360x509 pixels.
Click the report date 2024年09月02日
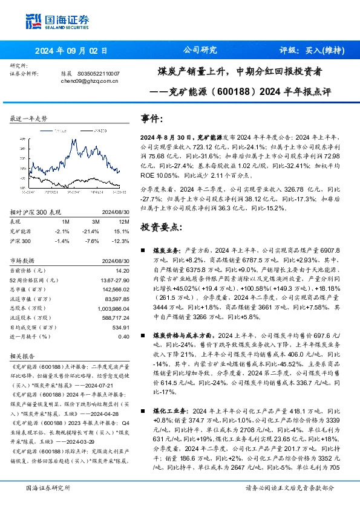point(71,51)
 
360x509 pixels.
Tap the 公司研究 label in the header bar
point(200,51)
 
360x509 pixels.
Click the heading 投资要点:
point(161,227)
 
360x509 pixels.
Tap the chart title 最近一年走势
point(29,119)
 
